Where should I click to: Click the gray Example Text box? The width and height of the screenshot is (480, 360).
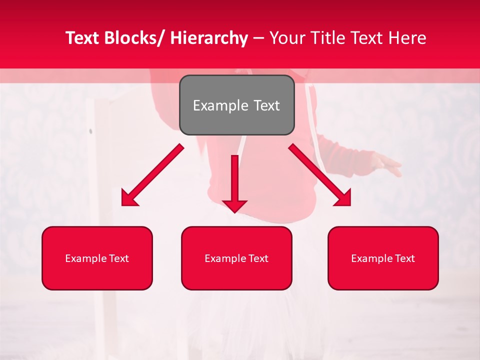pos(236,105)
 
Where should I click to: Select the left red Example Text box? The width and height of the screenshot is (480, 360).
pos(97,258)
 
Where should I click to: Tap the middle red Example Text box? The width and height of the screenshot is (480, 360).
pos(236,258)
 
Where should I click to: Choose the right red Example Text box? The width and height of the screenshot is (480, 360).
pos(383,258)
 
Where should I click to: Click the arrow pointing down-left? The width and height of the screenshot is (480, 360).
pos(152,175)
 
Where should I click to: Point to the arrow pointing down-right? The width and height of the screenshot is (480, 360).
pos(320,175)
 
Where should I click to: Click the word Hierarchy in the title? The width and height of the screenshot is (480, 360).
pos(209,38)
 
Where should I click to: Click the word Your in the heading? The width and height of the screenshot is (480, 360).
pos(286,38)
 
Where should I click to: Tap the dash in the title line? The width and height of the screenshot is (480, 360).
pos(258,38)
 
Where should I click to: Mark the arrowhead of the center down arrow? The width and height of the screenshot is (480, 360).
pos(234,205)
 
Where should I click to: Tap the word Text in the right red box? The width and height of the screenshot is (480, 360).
pos(405,258)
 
